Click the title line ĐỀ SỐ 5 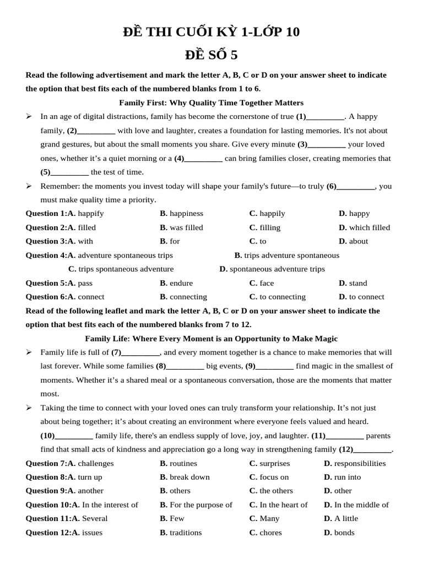pyautogui.click(x=211, y=55)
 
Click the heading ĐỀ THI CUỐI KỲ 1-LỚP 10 pyautogui.click(x=211, y=32)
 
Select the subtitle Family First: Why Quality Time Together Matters pyautogui.click(x=211, y=102)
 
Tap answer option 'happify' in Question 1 pyautogui.click(x=91, y=213)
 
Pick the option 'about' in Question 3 pyautogui.click(x=359, y=241)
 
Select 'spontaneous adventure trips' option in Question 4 pyautogui.click(x=277, y=269)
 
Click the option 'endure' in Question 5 pyautogui.click(x=181, y=283)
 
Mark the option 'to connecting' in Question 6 pyautogui.click(x=283, y=297)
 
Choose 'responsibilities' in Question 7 pyautogui.click(x=360, y=463)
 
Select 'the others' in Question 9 pyautogui.click(x=276, y=491)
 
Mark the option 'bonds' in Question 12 pyautogui.click(x=344, y=533)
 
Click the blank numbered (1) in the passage pyautogui.click(x=325, y=117)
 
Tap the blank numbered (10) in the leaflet pyautogui.click(x=74, y=436)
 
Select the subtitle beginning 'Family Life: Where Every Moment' pyautogui.click(x=211, y=338)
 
